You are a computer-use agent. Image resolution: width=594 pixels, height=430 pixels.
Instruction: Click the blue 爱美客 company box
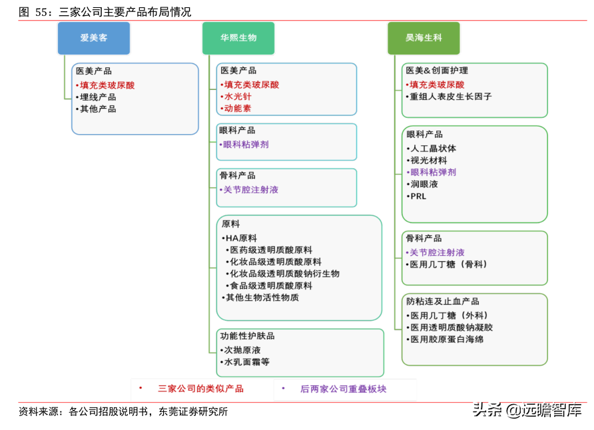94,38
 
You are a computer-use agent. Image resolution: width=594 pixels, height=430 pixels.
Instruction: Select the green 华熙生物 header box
238,38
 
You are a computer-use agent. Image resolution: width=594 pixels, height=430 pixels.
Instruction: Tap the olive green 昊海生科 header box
424,38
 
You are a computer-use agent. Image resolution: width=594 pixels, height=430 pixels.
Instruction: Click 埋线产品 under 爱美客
98,97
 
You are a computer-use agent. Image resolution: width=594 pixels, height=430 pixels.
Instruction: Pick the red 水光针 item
237,97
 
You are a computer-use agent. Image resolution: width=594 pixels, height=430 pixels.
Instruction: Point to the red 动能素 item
237,108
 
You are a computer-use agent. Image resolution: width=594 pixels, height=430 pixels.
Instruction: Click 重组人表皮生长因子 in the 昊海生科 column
451,97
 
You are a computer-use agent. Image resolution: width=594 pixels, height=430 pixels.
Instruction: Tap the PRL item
418,197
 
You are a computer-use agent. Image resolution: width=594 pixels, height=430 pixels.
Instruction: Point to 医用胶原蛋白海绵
447,339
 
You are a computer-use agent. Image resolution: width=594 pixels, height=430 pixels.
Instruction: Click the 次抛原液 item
242,350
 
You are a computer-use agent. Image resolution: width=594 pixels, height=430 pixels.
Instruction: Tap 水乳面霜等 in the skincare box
246,362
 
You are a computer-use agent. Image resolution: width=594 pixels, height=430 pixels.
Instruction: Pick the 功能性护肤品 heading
247,336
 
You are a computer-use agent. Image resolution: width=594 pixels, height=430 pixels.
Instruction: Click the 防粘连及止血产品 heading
442,301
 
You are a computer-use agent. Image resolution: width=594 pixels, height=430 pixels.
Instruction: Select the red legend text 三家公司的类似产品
200,389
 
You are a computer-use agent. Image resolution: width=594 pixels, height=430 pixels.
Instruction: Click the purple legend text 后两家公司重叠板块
343,389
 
